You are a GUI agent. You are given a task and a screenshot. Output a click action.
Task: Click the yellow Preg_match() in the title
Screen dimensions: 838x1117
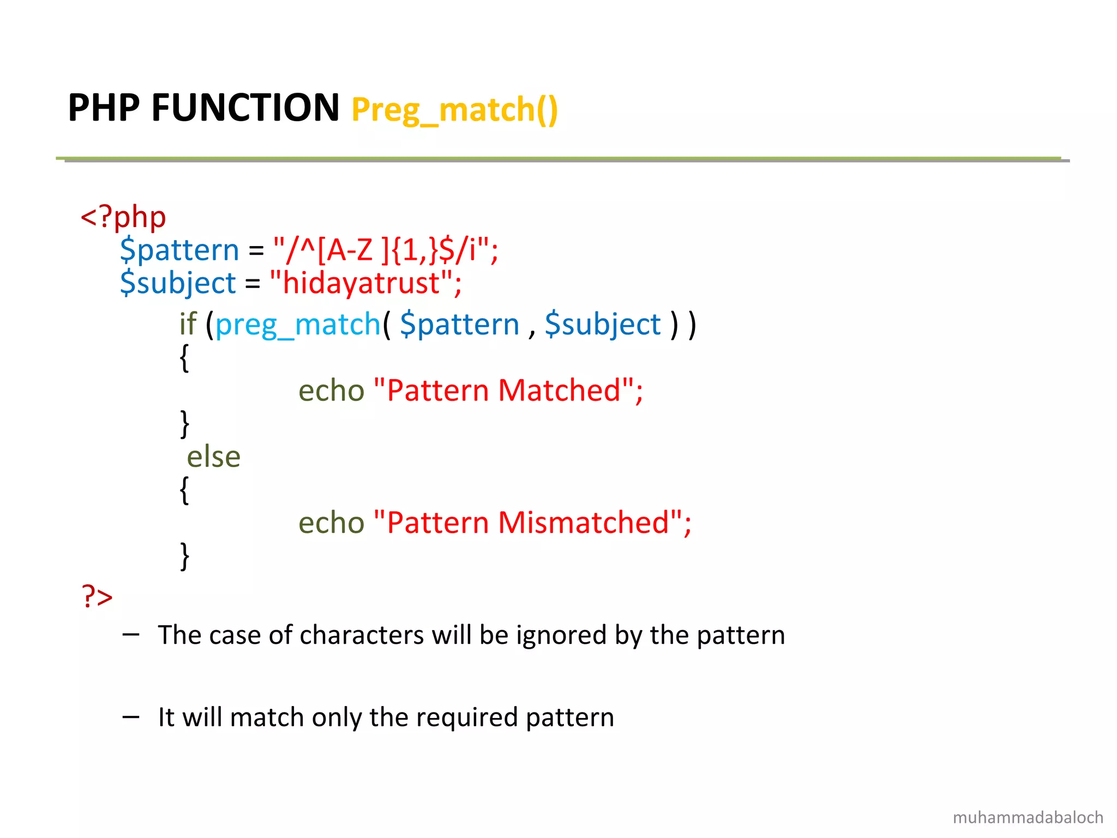(x=454, y=110)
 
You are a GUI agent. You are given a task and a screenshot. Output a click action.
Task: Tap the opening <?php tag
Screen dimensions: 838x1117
(x=123, y=218)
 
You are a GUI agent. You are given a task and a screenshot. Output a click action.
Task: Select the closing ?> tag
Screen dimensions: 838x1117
(x=97, y=596)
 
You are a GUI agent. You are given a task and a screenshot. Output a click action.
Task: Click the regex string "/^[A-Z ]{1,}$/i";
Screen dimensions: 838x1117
(x=385, y=250)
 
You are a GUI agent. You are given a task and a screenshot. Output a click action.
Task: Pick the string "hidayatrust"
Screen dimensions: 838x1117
(x=365, y=283)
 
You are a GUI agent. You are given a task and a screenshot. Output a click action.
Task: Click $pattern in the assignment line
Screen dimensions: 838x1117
(x=179, y=250)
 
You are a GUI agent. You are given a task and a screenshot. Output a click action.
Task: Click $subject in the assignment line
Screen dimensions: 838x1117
(x=178, y=283)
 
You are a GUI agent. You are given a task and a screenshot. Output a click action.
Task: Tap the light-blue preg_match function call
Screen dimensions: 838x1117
(x=298, y=325)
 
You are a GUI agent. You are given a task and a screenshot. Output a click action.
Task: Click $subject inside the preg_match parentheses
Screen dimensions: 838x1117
(x=603, y=325)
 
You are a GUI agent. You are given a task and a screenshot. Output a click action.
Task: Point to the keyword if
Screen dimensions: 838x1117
(x=188, y=324)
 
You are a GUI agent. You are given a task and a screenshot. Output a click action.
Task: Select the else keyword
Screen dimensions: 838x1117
(x=213, y=457)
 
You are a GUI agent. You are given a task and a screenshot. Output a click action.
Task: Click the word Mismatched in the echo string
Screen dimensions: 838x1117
(x=584, y=523)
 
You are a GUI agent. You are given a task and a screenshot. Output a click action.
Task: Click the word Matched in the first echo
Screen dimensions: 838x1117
(x=560, y=391)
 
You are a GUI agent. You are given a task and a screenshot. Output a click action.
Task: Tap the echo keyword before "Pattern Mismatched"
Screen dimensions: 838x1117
(x=331, y=523)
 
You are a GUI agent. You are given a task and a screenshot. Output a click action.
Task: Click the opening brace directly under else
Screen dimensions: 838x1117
(x=184, y=490)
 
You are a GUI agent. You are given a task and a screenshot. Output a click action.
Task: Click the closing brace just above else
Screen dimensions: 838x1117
(x=184, y=424)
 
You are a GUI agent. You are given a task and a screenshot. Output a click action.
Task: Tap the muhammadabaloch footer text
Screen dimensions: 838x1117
(x=1028, y=817)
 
